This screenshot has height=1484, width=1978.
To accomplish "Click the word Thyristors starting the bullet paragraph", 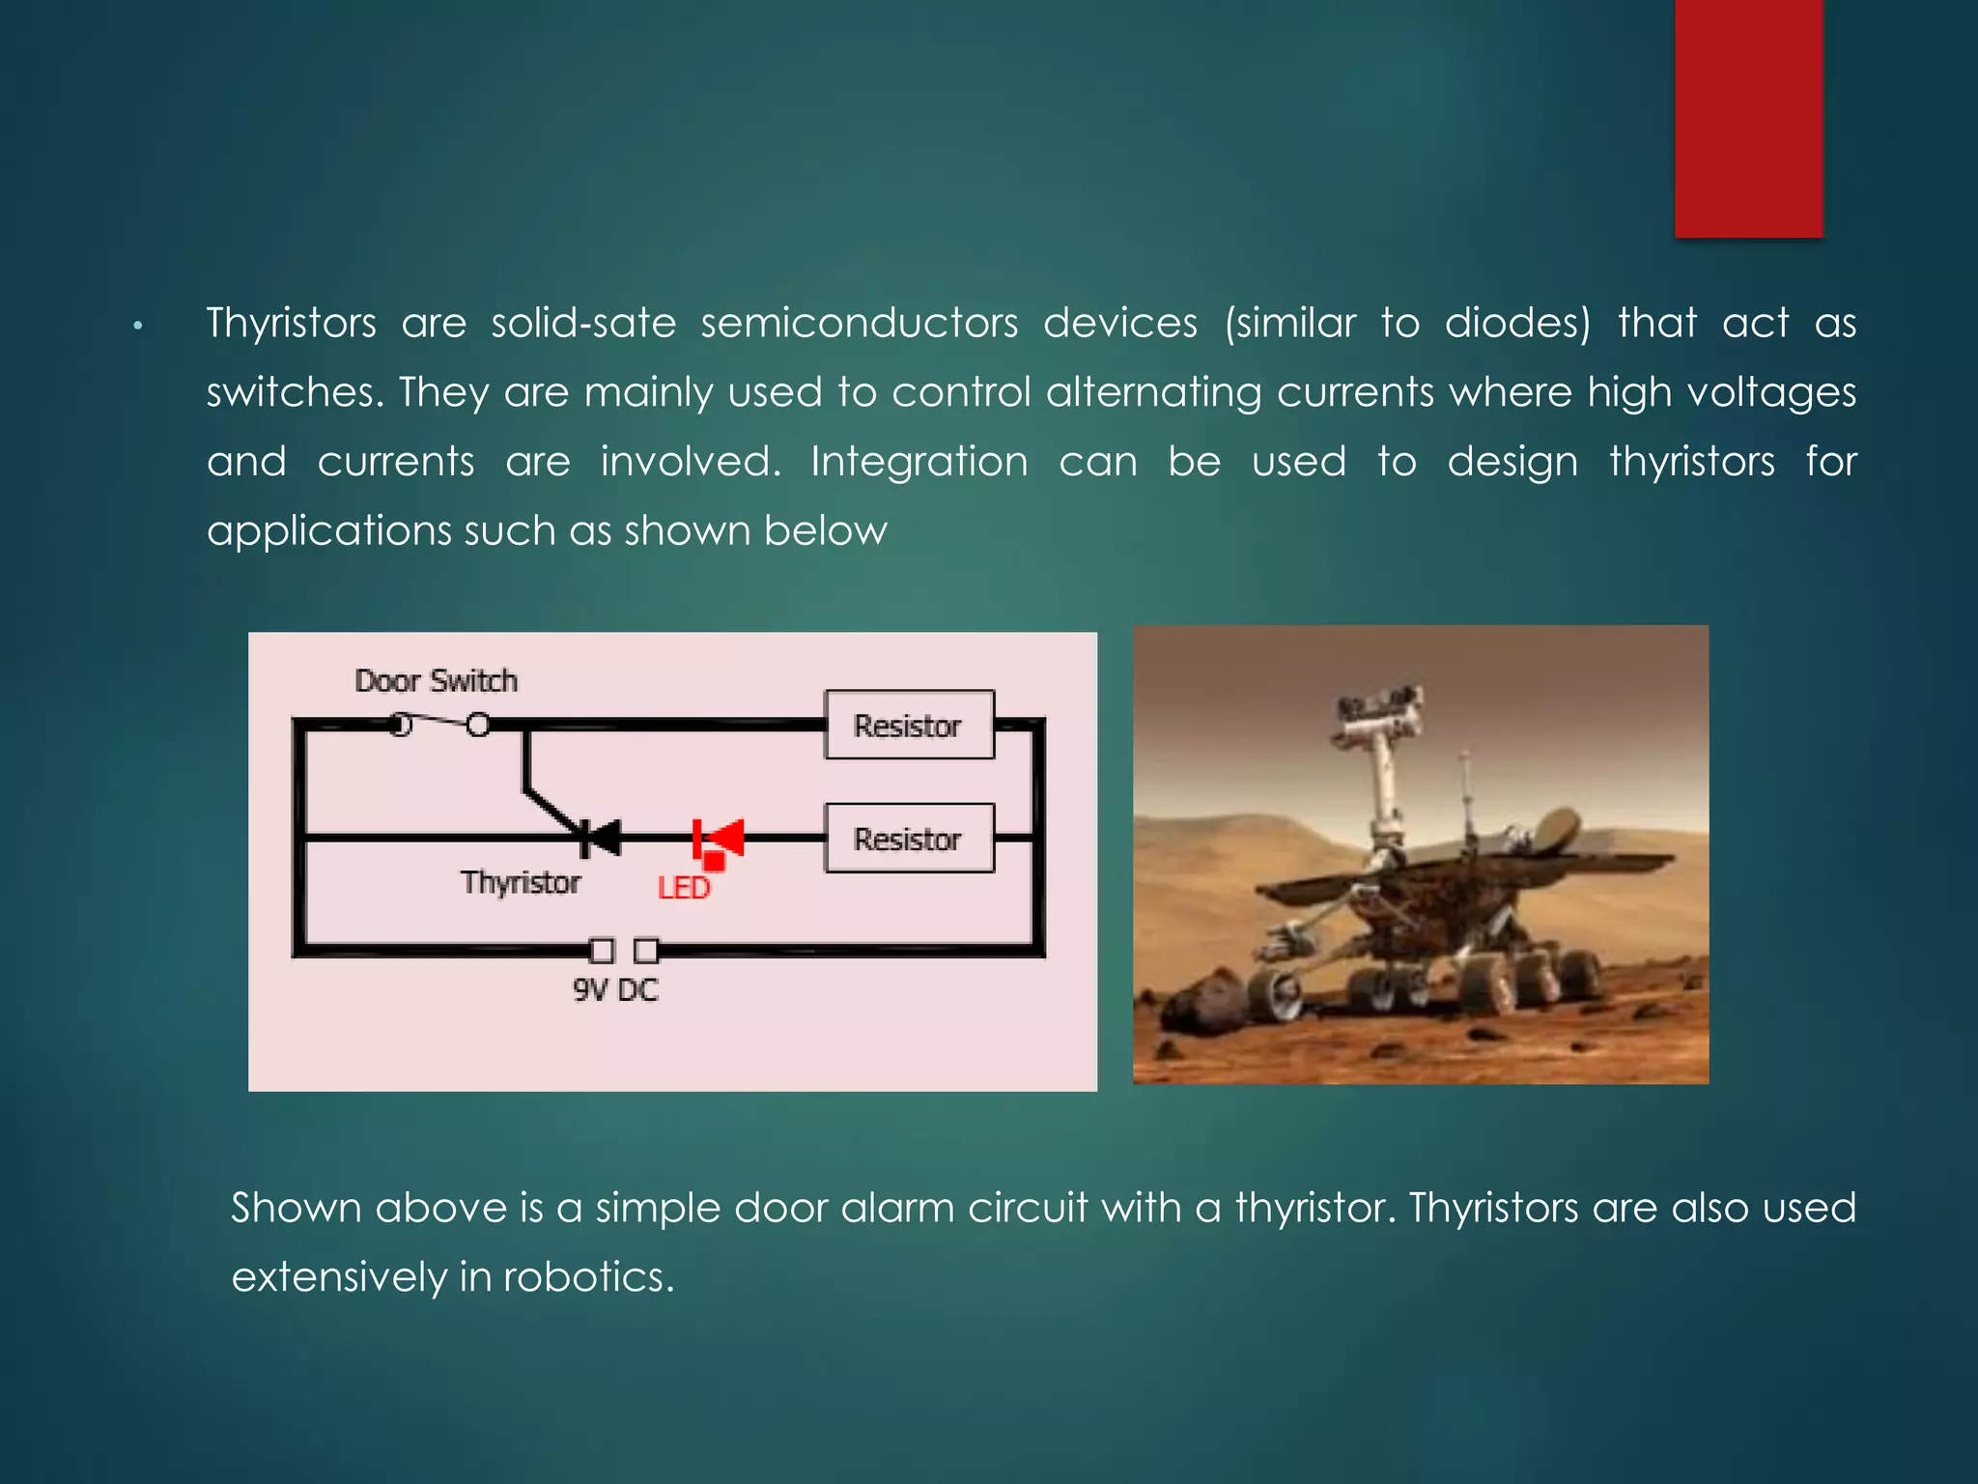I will point(291,323).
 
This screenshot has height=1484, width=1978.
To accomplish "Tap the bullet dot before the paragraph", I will point(138,327).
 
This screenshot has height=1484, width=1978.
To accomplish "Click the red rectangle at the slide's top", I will point(1748,118).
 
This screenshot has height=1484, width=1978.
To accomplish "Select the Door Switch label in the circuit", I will point(436,681).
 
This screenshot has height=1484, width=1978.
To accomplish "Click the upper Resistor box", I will point(909,725).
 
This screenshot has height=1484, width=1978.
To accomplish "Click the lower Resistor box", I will point(909,839).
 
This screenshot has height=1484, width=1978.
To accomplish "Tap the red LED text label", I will point(684,888).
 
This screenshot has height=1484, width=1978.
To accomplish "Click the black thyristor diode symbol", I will point(600,837).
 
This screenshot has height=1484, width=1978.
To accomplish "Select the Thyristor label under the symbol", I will point(521,883).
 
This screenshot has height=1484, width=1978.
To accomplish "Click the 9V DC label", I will point(615,990).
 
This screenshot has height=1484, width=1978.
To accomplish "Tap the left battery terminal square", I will point(602,952).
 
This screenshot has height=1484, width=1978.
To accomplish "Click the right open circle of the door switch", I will point(478,725).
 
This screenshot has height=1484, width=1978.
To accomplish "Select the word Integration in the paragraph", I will point(919,462).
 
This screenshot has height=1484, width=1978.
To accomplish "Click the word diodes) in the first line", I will point(1517,323).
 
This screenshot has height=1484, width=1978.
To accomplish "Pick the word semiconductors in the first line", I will point(859,323).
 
